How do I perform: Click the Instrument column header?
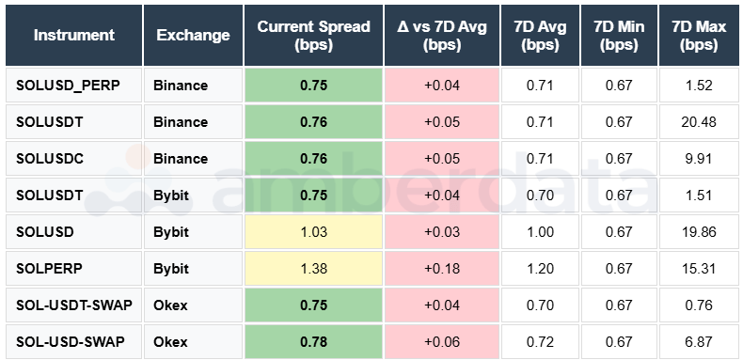coord(74,35)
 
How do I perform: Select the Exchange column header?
coord(193,35)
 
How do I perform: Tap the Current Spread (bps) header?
coord(313,35)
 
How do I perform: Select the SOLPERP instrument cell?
coord(50,268)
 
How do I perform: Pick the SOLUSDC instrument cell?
coord(50,159)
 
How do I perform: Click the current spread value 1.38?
coord(313,268)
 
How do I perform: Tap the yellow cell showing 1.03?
coord(313,231)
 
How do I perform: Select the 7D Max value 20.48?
coord(700,122)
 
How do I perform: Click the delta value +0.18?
coord(442,268)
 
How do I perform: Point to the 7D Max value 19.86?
coord(700,231)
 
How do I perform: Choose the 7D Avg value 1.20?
coord(540,268)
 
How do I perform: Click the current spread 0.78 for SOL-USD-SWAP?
coord(313,340)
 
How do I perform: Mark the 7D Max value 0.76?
coord(700,305)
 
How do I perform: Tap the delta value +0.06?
coord(442,340)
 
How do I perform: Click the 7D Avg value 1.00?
coord(540,231)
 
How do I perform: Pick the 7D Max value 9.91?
coord(700,159)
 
